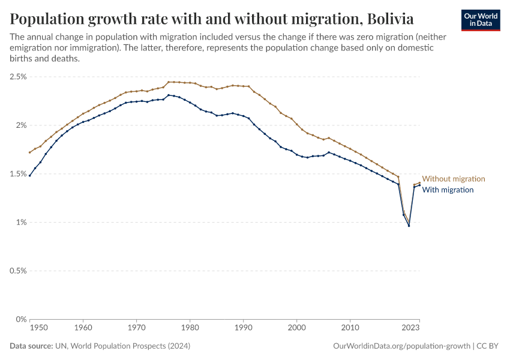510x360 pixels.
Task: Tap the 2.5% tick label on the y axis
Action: [18, 77]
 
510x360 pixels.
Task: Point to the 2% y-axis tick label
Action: [22, 125]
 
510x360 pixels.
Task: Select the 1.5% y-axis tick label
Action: [18, 174]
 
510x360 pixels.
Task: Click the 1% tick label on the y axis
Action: [22, 223]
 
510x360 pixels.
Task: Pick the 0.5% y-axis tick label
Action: [18, 271]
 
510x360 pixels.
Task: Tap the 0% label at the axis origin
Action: [22, 319]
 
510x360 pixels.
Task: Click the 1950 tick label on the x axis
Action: [38, 328]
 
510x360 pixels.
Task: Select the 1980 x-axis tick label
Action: [190, 328]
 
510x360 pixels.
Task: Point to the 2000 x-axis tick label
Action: [297, 328]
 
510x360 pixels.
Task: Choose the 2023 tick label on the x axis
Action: [410, 328]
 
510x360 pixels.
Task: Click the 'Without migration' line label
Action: [454, 179]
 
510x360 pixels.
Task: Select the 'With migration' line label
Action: [448, 190]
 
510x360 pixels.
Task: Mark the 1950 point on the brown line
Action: [29, 152]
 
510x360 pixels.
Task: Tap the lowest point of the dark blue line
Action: [409, 226]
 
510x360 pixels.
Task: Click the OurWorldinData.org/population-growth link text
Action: [401, 346]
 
